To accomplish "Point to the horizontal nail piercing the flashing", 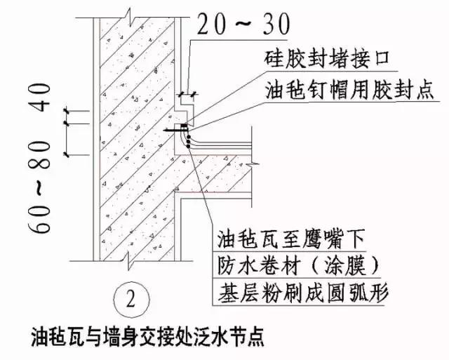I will point(176,129).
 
